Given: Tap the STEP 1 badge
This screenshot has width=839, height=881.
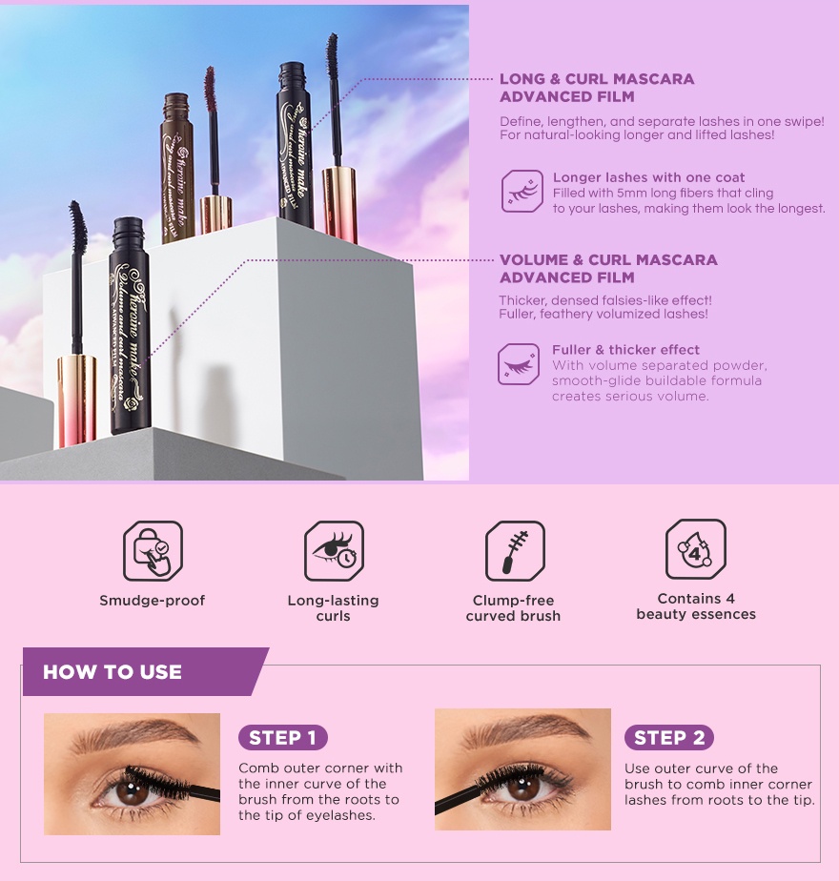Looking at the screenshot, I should [x=282, y=737].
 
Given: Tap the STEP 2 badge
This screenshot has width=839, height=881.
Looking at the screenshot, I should [x=668, y=737].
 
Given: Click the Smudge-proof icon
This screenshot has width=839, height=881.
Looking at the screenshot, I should [x=153, y=551].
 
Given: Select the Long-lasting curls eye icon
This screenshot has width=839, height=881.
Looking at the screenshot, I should [x=334, y=551].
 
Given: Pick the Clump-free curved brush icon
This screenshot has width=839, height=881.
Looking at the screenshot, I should [x=515, y=551].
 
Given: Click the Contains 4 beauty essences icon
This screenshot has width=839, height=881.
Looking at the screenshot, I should [x=695, y=549].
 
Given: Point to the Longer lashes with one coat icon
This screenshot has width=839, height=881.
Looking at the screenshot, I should [x=522, y=191].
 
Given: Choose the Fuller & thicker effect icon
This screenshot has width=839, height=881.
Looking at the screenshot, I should [x=519, y=364].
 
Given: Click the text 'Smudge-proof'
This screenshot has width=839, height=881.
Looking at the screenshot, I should [x=153, y=601].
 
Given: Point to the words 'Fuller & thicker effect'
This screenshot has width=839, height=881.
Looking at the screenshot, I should [x=625, y=350].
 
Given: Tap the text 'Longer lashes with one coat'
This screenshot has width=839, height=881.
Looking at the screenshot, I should [x=648, y=177].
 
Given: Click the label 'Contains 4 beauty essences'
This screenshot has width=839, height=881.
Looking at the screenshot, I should [x=696, y=606].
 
